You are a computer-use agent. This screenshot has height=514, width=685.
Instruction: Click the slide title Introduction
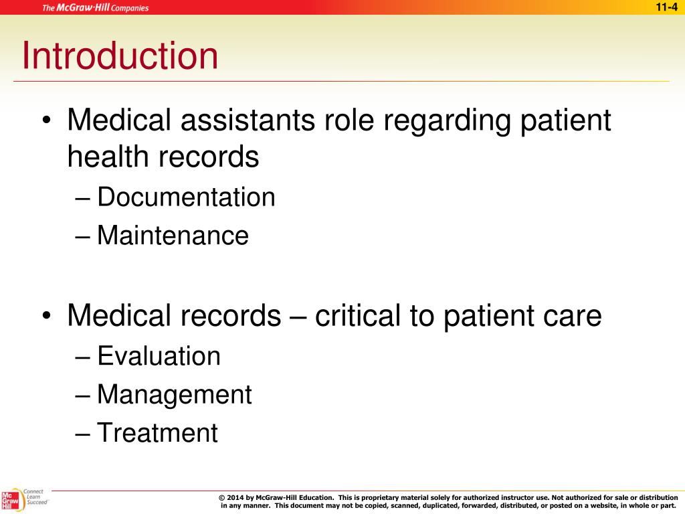click(120, 56)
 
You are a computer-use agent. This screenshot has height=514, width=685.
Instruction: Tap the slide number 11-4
click(666, 7)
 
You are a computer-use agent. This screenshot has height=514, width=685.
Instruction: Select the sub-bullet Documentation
click(186, 197)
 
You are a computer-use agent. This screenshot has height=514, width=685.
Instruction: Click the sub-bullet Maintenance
click(173, 236)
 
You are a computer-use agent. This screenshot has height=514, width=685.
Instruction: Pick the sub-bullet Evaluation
click(159, 355)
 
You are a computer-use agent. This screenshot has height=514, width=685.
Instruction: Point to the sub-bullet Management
click(174, 394)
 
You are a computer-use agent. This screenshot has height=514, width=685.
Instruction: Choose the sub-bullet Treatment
click(157, 433)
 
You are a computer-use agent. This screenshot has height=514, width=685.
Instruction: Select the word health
click(108, 157)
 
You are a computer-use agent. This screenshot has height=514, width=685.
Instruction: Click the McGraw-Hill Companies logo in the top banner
click(96, 8)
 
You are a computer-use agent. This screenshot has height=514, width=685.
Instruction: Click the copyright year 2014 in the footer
click(235, 498)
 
